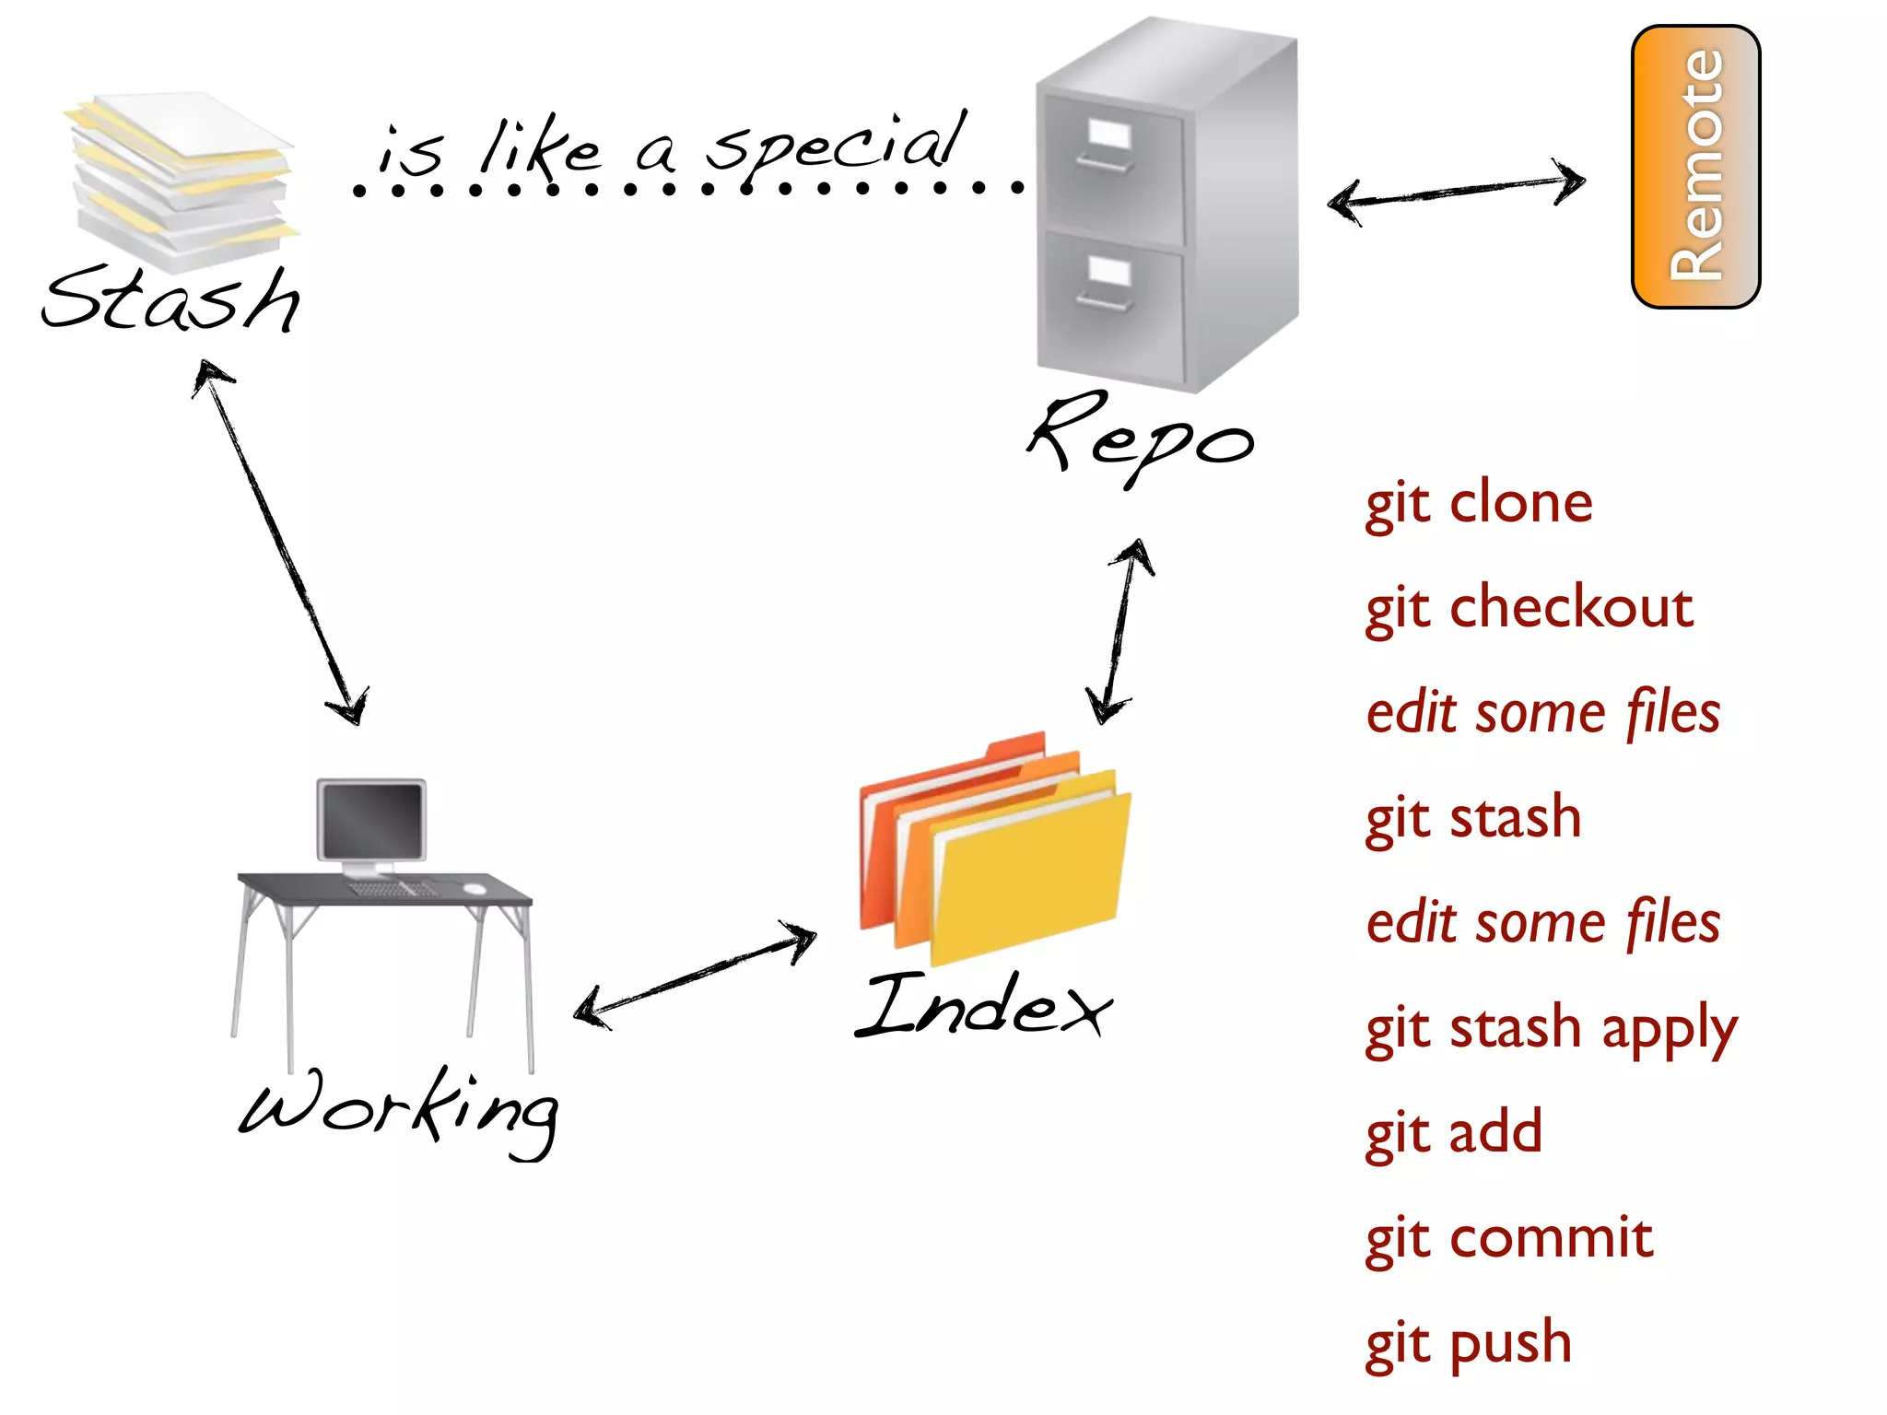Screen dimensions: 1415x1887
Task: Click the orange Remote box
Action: click(1695, 167)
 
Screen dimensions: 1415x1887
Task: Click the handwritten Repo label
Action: click(1141, 439)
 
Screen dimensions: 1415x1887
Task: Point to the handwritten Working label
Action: click(399, 1110)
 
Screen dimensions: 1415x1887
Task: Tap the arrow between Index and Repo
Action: click(1119, 632)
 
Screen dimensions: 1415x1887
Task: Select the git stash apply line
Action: click(1550, 1028)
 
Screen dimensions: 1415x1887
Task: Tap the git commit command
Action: click(1508, 1238)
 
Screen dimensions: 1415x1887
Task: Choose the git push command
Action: click(1468, 1343)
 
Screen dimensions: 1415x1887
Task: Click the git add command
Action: click(1453, 1133)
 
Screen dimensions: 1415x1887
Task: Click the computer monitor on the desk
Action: click(371, 820)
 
